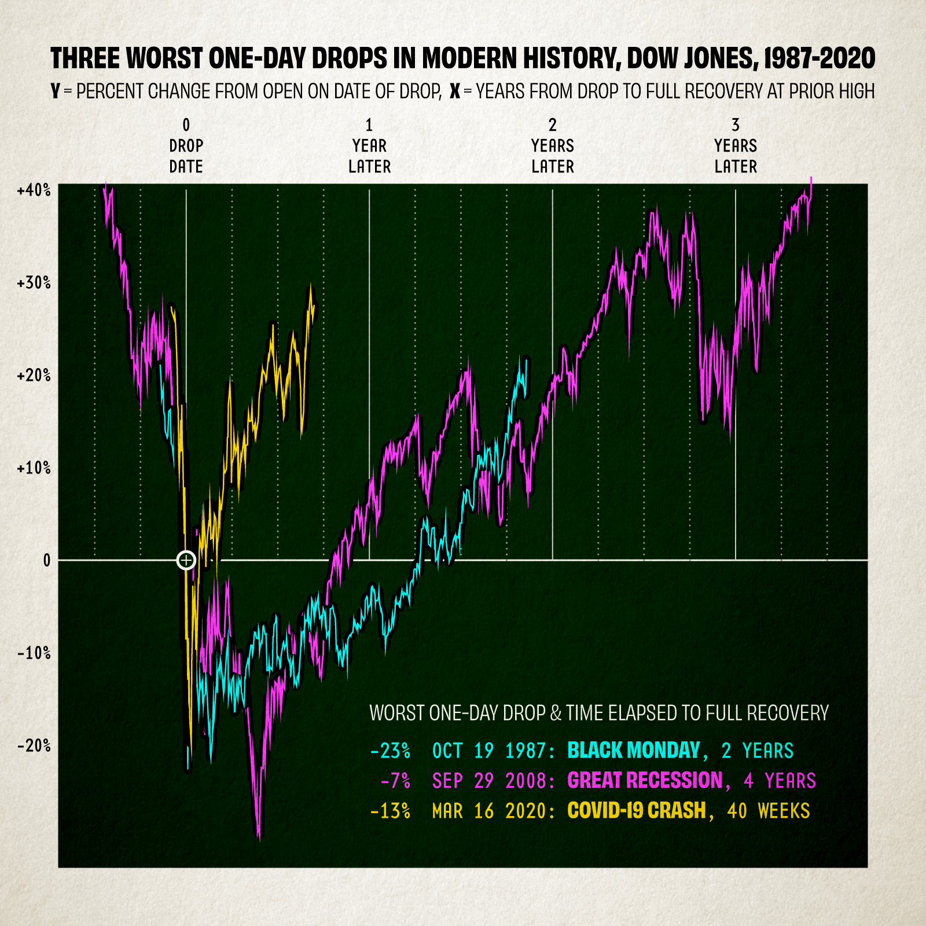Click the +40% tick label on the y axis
(x=34, y=190)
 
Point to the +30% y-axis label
(x=34, y=283)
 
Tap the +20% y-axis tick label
(x=34, y=376)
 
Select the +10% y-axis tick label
(x=34, y=468)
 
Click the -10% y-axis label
(x=34, y=653)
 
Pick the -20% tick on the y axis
(x=34, y=746)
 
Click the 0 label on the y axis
(x=47, y=561)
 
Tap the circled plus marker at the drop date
(x=186, y=560)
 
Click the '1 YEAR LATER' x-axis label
(x=369, y=146)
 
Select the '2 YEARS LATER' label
(x=553, y=146)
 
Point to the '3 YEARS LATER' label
(x=736, y=146)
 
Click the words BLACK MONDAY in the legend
(x=634, y=751)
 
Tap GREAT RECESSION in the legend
(x=645, y=781)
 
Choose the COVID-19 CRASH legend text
(x=637, y=811)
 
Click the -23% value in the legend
(x=390, y=751)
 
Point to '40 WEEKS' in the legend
(x=769, y=811)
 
